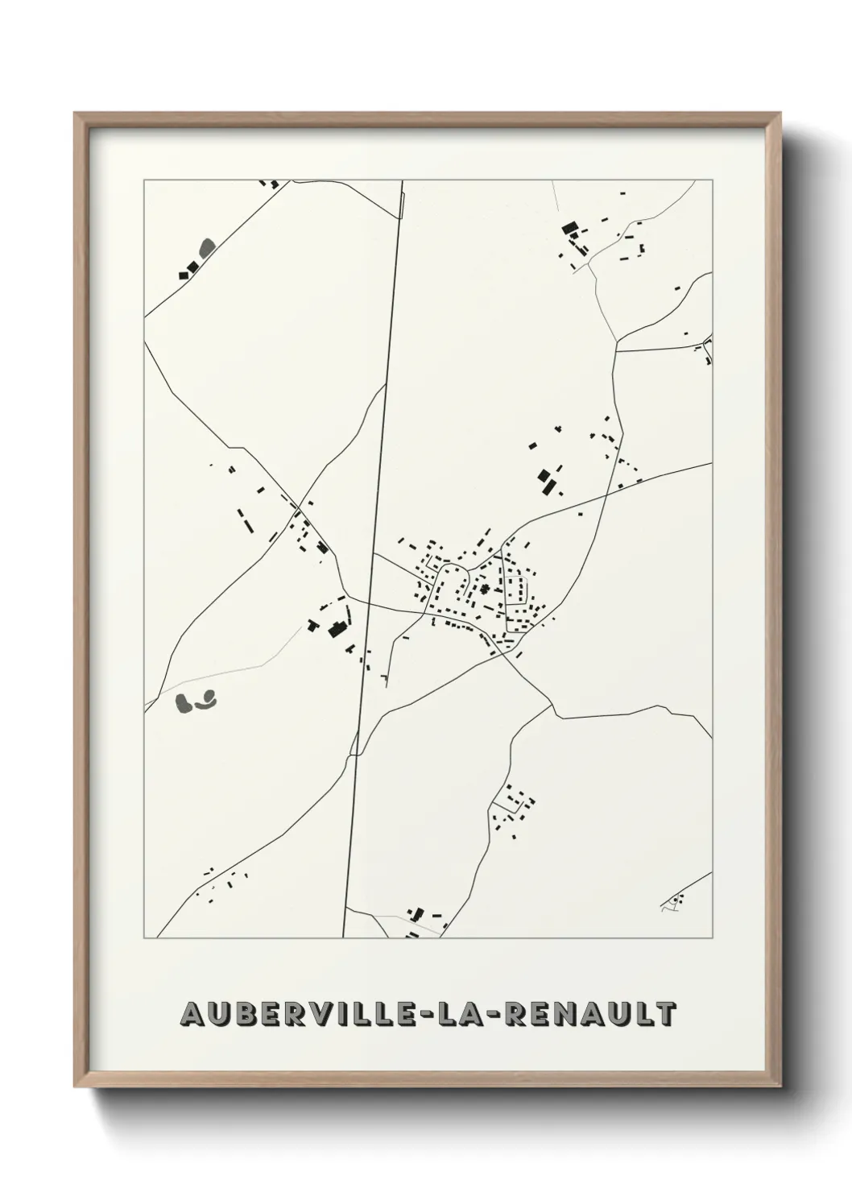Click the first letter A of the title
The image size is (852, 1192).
(x=193, y=1014)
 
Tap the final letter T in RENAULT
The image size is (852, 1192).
(x=664, y=1014)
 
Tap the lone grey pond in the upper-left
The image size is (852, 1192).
(x=207, y=246)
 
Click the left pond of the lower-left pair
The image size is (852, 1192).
(x=184, y=703)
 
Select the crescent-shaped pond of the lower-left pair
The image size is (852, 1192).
(x=205, y=700)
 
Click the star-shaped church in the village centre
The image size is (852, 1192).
(x=485, y=590)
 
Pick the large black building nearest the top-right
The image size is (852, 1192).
(x=570, y=230)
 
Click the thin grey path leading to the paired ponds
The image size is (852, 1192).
(x=242, y=664)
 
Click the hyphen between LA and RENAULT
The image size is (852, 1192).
(x=501, y=1015)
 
